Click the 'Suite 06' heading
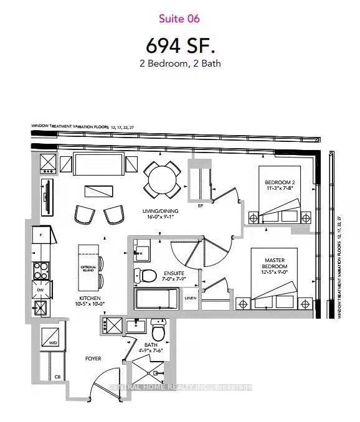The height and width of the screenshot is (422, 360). pyautogui.click(x=179, y=19)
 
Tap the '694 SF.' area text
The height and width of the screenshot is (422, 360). pyautogui.click(x=179, y=45)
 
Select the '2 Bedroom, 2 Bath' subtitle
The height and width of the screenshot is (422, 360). pyautogui.click(x=179, y=63)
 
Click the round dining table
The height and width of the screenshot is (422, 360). pyautogui.click(x=162, y=179)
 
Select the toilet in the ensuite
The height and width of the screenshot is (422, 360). pyautogui.click(x=146, y=276)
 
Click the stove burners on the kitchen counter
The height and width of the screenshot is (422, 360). pyautogui.click(x=41, y=270)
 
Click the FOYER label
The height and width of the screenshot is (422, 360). pyautogui.click(x=93, y=359)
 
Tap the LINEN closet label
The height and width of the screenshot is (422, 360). pyautogui.click(x=191, y=298)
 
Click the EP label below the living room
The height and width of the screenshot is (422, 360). pyautogui.click(x=201, y=205)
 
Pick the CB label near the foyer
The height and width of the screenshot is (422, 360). pyautogui.click(x=57, y=377)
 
